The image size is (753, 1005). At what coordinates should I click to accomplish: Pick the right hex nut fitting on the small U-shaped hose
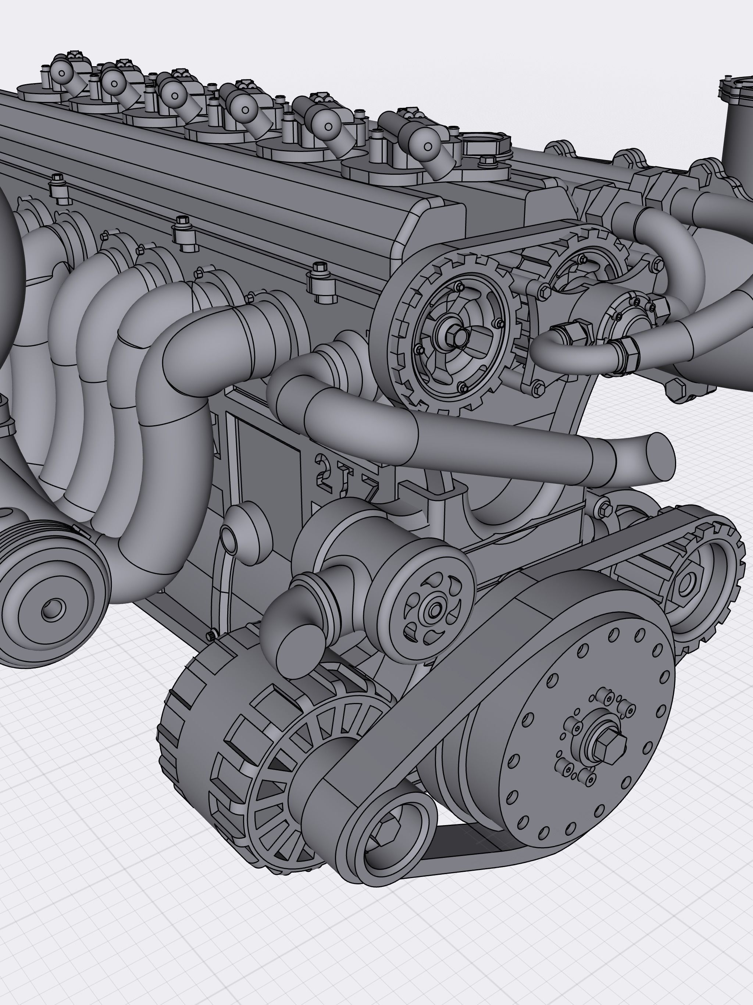(x=625, y=350)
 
